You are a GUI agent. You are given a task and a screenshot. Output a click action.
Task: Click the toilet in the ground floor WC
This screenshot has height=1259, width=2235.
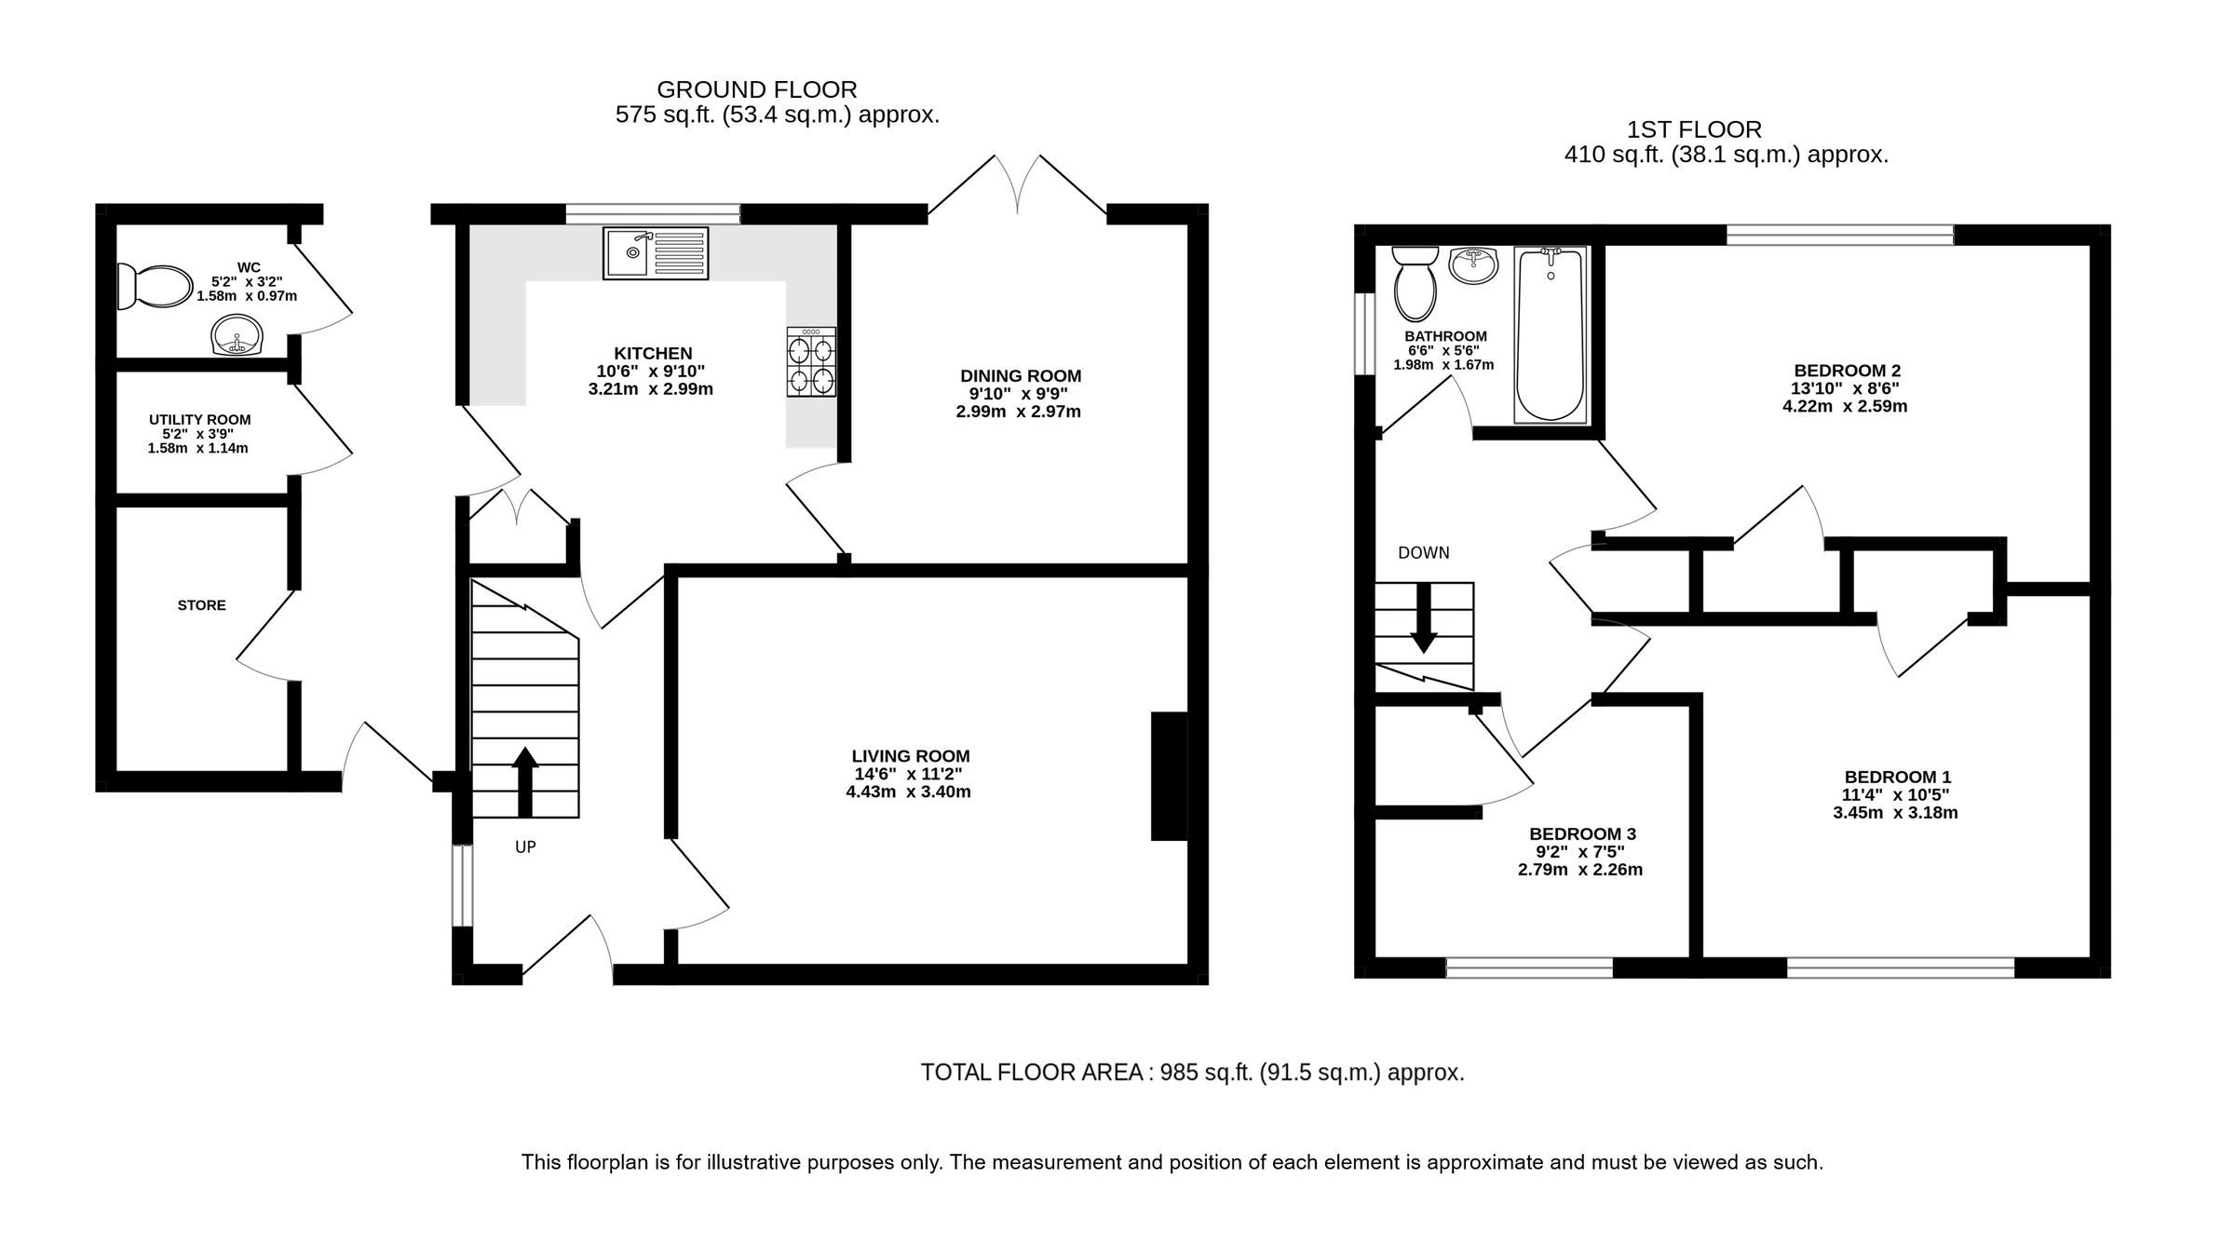coord(154,285)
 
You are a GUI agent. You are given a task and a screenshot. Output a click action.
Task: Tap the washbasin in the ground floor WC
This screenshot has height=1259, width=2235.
coord(237,335)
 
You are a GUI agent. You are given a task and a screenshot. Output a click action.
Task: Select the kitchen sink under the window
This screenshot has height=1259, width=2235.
coord(655,252)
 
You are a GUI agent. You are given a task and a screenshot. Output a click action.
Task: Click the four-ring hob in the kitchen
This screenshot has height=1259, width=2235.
coord(810,362)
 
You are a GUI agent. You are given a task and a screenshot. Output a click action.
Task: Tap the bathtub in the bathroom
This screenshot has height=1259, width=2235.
coord(1551,332)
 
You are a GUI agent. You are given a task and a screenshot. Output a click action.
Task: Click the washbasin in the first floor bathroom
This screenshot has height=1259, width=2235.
coord(1474,264)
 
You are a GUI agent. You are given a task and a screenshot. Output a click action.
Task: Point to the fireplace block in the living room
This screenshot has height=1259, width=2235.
coord(1170,776)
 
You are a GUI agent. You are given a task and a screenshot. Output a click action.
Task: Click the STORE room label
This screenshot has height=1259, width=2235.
coord(201,605)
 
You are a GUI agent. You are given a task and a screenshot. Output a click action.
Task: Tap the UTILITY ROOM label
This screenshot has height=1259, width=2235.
coord(199,420)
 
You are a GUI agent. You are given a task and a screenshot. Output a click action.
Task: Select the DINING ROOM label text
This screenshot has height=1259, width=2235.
coord(1021,376)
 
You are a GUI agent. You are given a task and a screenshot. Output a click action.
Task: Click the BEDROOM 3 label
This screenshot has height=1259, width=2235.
coord(1582,834)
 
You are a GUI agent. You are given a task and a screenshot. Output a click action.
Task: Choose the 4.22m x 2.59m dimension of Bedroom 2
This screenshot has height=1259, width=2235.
coord(1844,406)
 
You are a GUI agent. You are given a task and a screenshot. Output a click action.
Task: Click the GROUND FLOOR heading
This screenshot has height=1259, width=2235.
coord(756,89)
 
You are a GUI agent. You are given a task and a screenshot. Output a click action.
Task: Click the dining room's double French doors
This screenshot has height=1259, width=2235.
coord(1018,186)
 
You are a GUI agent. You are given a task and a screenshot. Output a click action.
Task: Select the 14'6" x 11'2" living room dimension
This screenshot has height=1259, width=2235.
coord(908,774)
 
